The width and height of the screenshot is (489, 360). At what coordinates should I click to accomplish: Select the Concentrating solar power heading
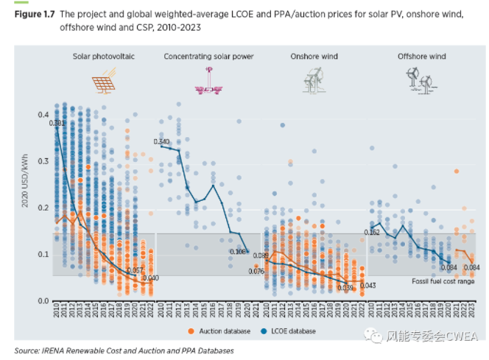point(208,56)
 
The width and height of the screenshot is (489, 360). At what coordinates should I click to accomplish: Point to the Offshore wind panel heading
point(421,56)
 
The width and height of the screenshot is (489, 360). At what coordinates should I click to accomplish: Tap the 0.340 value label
point(162,141)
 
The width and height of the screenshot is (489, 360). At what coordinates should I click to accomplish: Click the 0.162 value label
point(373,233)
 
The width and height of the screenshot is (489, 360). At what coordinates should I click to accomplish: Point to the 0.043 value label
point(368,286)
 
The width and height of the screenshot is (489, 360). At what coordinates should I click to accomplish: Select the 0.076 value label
point(256,272)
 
